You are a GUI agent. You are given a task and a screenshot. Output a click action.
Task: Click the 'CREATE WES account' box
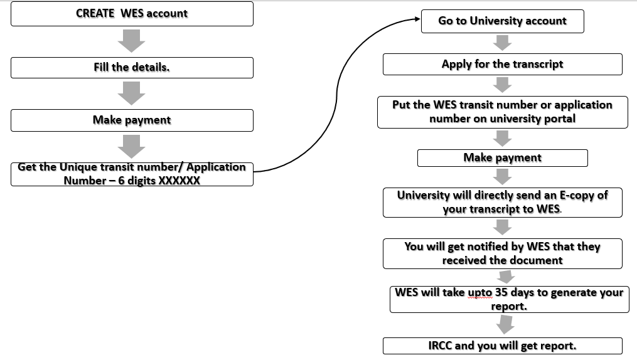tap(132, 14)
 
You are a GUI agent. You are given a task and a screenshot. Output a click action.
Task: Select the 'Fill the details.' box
tap(132, 68)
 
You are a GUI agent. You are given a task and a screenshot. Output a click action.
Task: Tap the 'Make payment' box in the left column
tap(132, 120)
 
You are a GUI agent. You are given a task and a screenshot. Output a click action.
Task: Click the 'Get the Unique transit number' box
tap(132, 174)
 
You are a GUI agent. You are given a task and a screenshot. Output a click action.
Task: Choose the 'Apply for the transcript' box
tap(502, 64)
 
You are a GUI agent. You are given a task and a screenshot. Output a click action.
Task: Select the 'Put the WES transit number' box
tap(502, 112)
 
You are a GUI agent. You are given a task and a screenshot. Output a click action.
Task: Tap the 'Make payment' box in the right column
tap(502, 158)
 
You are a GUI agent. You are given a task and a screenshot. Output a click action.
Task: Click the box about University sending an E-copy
tap(502, 203)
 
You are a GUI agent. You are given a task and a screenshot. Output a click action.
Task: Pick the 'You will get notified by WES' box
tap(502, 253)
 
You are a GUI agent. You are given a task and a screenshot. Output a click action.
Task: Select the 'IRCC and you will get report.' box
tap(502, 346)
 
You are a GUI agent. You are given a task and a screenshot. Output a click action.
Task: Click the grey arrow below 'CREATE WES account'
tap(132, 41)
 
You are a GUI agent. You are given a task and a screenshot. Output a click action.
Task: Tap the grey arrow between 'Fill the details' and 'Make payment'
tap(132, 94)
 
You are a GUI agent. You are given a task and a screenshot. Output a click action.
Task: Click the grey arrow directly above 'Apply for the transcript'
tap(502, 43)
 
